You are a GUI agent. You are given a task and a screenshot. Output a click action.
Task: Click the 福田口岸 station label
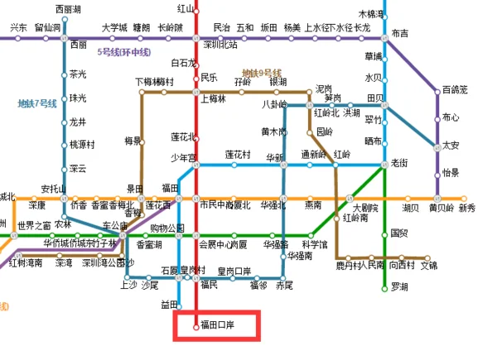(x=219, y=325)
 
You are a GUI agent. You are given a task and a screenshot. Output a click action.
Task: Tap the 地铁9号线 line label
(x=262, y=73)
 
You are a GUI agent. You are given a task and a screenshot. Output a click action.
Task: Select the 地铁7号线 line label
(x=37, y=103)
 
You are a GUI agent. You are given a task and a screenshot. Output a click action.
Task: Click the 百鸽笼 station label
(x=455, y=89)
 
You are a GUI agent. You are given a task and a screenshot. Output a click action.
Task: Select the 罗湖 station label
(x=400, y=287)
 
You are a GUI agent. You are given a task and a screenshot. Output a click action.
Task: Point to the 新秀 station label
(x=467, y=208)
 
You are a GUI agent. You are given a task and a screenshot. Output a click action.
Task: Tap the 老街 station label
(x=399, y=163)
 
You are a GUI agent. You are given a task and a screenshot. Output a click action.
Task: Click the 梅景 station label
(x=133, y=140)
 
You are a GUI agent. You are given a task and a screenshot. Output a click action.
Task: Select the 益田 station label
(x=169, y=305)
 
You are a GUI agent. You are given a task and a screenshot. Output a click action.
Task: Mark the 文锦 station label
(x=428, y=266)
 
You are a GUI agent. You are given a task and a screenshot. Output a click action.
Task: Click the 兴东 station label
(x=18, y=27)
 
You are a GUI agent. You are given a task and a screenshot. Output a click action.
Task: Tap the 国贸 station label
(x=399, y=233)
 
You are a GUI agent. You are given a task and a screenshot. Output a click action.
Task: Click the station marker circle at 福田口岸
(x=195, y=325)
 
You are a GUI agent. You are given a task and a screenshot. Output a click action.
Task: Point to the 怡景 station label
(x=451, y=173)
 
